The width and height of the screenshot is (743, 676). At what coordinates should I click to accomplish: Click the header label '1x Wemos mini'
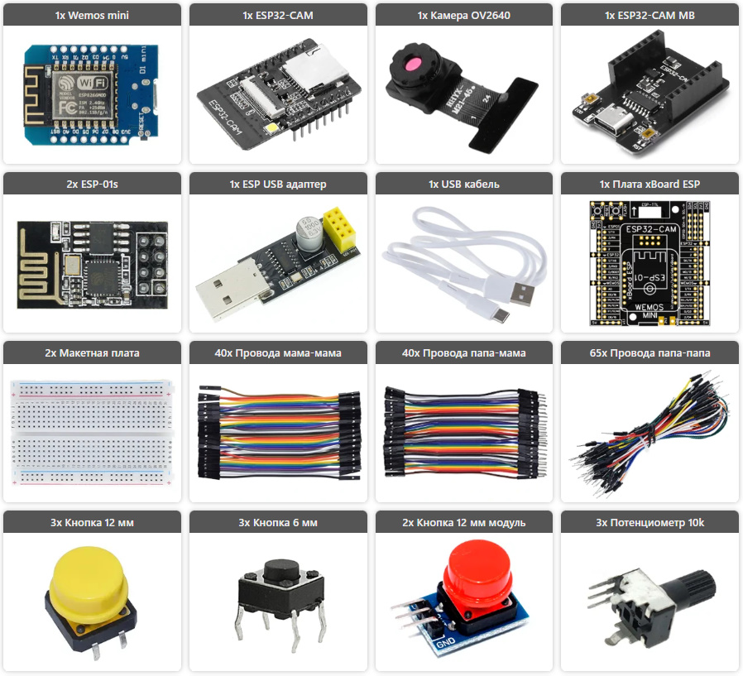[92, 15]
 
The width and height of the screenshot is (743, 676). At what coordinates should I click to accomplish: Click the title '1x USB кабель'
[463, 184]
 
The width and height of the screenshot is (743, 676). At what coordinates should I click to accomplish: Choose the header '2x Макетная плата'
[92, 352]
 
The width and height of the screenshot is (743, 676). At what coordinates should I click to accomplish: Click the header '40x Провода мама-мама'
[277, 352]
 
